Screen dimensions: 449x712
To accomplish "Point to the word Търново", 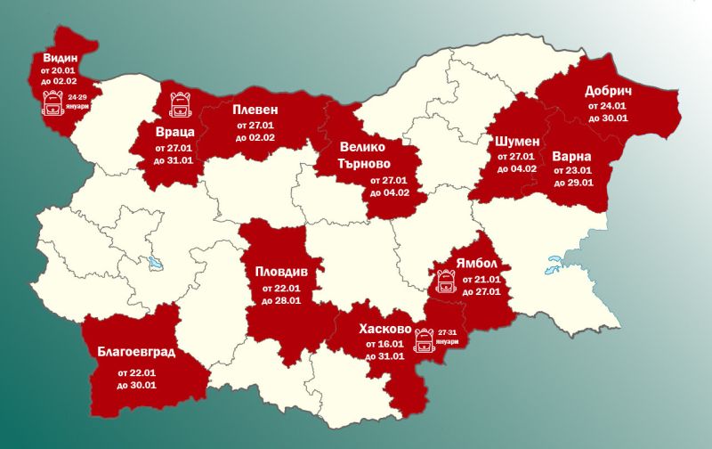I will click(368, 164).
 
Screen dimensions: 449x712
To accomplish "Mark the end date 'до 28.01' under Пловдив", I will click(281, 300).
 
